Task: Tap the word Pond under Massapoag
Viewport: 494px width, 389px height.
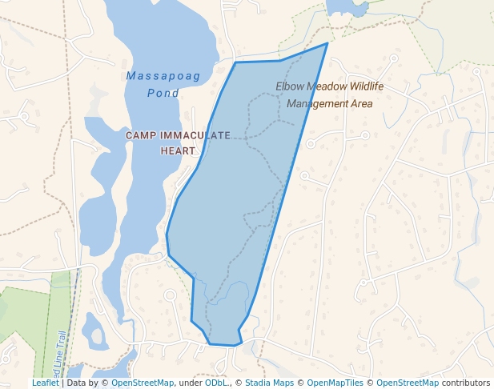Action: (x=163, y=93)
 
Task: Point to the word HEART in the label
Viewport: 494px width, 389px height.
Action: (x=178, y=150)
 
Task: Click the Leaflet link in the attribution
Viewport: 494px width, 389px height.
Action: (x=45, y=383)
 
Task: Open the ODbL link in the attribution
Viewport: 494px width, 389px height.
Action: (x=216, y=383)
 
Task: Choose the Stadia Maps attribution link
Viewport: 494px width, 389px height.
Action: (x=269, y=383)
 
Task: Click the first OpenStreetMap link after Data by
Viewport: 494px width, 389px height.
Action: (x=143, y=383)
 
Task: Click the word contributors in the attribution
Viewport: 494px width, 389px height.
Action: (x=465, y=383)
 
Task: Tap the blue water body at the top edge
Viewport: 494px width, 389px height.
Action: (x=345, y=7)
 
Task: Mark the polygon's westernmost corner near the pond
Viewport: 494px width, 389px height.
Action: (x=167, y=235)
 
